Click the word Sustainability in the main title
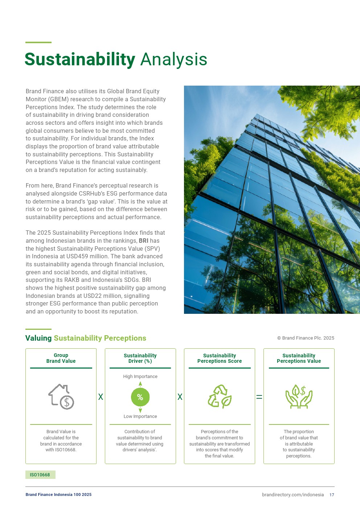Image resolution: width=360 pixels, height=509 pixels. pyautogui.click(x=80, y=59)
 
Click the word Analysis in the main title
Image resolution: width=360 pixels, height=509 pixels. pyautogui.click(x=173, y=59)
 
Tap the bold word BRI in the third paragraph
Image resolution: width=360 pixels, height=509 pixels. pyautogui.click(x=143, y=241)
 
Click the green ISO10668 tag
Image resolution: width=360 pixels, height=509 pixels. pyautogui.click(x=40, y=475)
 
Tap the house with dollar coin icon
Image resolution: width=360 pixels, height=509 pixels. pyautogui.click(x=61, y=397)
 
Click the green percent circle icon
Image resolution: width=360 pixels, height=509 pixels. pyautogui.click(x=140, y=397)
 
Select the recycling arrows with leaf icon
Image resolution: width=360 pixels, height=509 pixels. pyautogui.click(x=220, y=397)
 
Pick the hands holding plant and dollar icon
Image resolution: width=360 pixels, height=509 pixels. pyautogui.click(x=299, y=397)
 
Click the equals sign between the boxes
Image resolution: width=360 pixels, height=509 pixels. pyautogui.click(x=259, y=397)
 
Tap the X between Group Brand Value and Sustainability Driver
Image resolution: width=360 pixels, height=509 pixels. pyautogui.click(x=101, y=397)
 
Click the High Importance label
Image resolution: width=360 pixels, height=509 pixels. pyautogui.click(x=140, y=377)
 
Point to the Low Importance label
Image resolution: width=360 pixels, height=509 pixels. pyautogui.click(x=140, y=416)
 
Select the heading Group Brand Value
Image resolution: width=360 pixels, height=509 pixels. pyautogui.click(x=61, y=358)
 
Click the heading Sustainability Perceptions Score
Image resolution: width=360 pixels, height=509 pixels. pyautogui.click(x=220, y=358)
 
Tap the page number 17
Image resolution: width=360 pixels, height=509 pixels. pyautogui.click(x=332, y=495)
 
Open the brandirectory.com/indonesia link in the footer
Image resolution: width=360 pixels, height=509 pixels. pyautogui.click(x=292, y=495)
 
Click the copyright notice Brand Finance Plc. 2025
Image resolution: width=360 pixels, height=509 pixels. pyautogui.click(x=306, y=338)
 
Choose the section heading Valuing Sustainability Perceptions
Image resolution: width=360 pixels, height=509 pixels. pyautogui.click(x=86, y=338)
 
